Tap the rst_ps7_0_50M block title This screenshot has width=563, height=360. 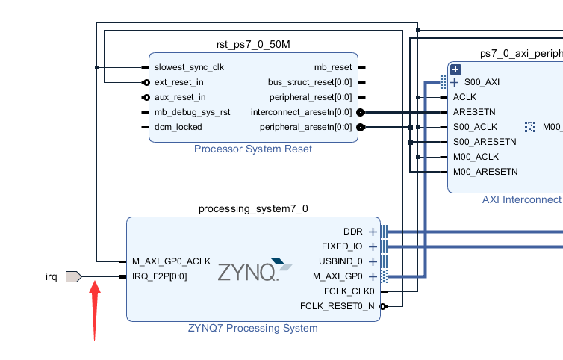pyautogui.click(x=253, y=44)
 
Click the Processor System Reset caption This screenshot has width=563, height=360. pyautogui.click(x=253, y=149)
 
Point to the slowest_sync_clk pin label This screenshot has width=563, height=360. pyautogui.click(x=189, y=67)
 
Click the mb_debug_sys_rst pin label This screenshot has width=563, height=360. pyautogui.click(x=192, y=112)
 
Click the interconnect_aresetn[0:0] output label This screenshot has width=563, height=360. pyautogui.click(x=301, y=112)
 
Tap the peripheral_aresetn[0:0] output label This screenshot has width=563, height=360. pyautogui.click(x=306, y=127)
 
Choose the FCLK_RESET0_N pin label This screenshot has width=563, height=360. pyautogui.click(x=337, y=306)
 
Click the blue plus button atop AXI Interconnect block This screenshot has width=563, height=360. pyautogui.click(x=454, y=69)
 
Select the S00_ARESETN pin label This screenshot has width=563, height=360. pyautogui.click(x=485, y=142)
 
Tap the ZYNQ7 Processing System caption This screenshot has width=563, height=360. pyautogui.click(x=253, y=328)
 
